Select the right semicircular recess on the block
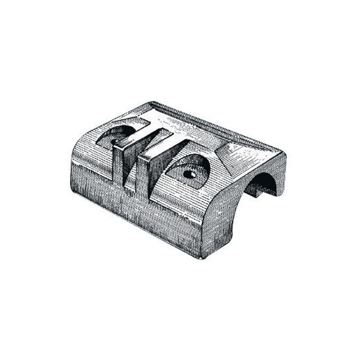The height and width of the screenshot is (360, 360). click(193, 167)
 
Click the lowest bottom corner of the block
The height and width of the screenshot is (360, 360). click(201, 257)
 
